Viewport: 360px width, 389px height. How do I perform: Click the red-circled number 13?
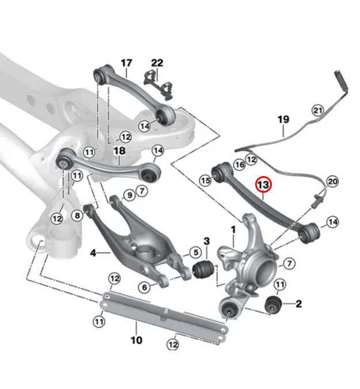pyautogui.click(x=263, y=185)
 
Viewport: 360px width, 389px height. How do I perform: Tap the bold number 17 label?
pyautogui.click(x=126, y=63)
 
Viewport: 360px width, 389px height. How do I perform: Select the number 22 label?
pyautogui.click(x=157, y=63)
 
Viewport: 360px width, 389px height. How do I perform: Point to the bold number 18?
pyautogui.click(x=119, y=151)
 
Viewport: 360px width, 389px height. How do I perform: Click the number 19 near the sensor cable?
pyautogui.click(x=283, y=120)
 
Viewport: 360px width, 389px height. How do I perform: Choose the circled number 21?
pyautogui.click(x=317, y=109)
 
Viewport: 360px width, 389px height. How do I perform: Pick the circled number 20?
pyautogui.click(x=332, y=181)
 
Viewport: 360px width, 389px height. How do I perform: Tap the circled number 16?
pyautogui.click(x=239, y=165)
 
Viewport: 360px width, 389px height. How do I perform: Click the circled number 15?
pyautogui.click(x=206, y=180)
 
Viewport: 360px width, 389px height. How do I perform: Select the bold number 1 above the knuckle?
pyautogui.click(x=233, y=230)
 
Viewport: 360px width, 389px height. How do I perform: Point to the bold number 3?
pyautogui.click(x=206, y=240)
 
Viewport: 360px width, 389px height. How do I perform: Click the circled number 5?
pyautogui.click(x=195, y=251)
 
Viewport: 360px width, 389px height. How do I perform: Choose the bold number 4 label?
pyautogui.click(x=93, y=251)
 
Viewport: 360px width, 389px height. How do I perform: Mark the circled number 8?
pyautogui.click(x=77, y=215)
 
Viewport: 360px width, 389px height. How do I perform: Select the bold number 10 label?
pyautogui.click(x=136, y=340)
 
